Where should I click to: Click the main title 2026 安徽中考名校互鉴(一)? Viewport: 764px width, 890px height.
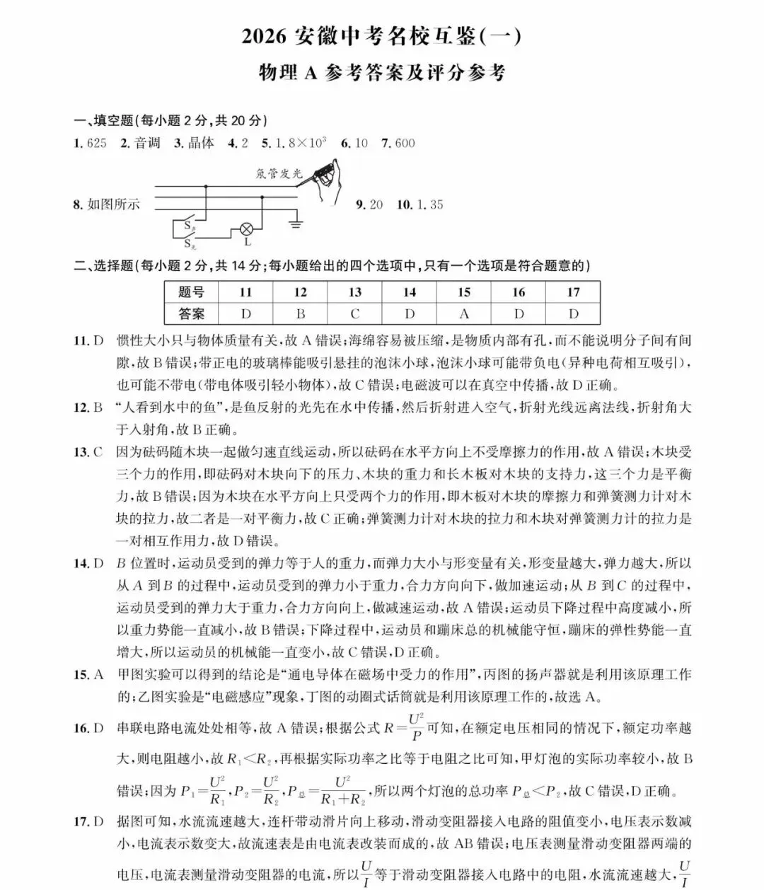coord(381,36)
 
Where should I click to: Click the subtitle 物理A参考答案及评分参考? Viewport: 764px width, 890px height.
coord(382,73)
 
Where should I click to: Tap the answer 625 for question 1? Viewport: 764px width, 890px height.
coord(95,144)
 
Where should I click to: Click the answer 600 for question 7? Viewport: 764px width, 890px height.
coord(405,144)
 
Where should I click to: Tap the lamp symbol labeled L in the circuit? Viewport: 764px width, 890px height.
coord(247,229)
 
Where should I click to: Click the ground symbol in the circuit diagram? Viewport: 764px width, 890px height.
coord(295,225)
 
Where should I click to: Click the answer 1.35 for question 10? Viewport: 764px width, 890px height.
coord(430,205)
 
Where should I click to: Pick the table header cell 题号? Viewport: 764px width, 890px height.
coord(191,292)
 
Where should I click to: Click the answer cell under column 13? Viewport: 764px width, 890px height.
coord(354,313)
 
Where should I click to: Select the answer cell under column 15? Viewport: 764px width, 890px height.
coord(464,313)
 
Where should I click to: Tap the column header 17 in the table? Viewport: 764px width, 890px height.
coord(573,292)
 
